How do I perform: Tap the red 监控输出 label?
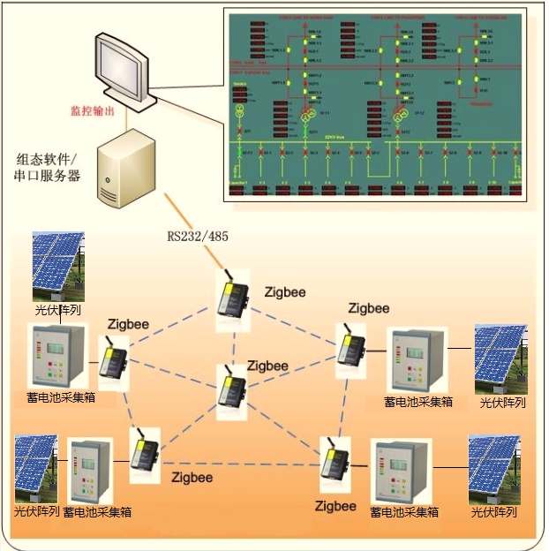point(94,112)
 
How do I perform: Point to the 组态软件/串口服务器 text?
point(48,167)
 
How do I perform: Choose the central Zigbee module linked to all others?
point(232,394)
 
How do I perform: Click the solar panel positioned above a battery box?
point(58,265)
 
